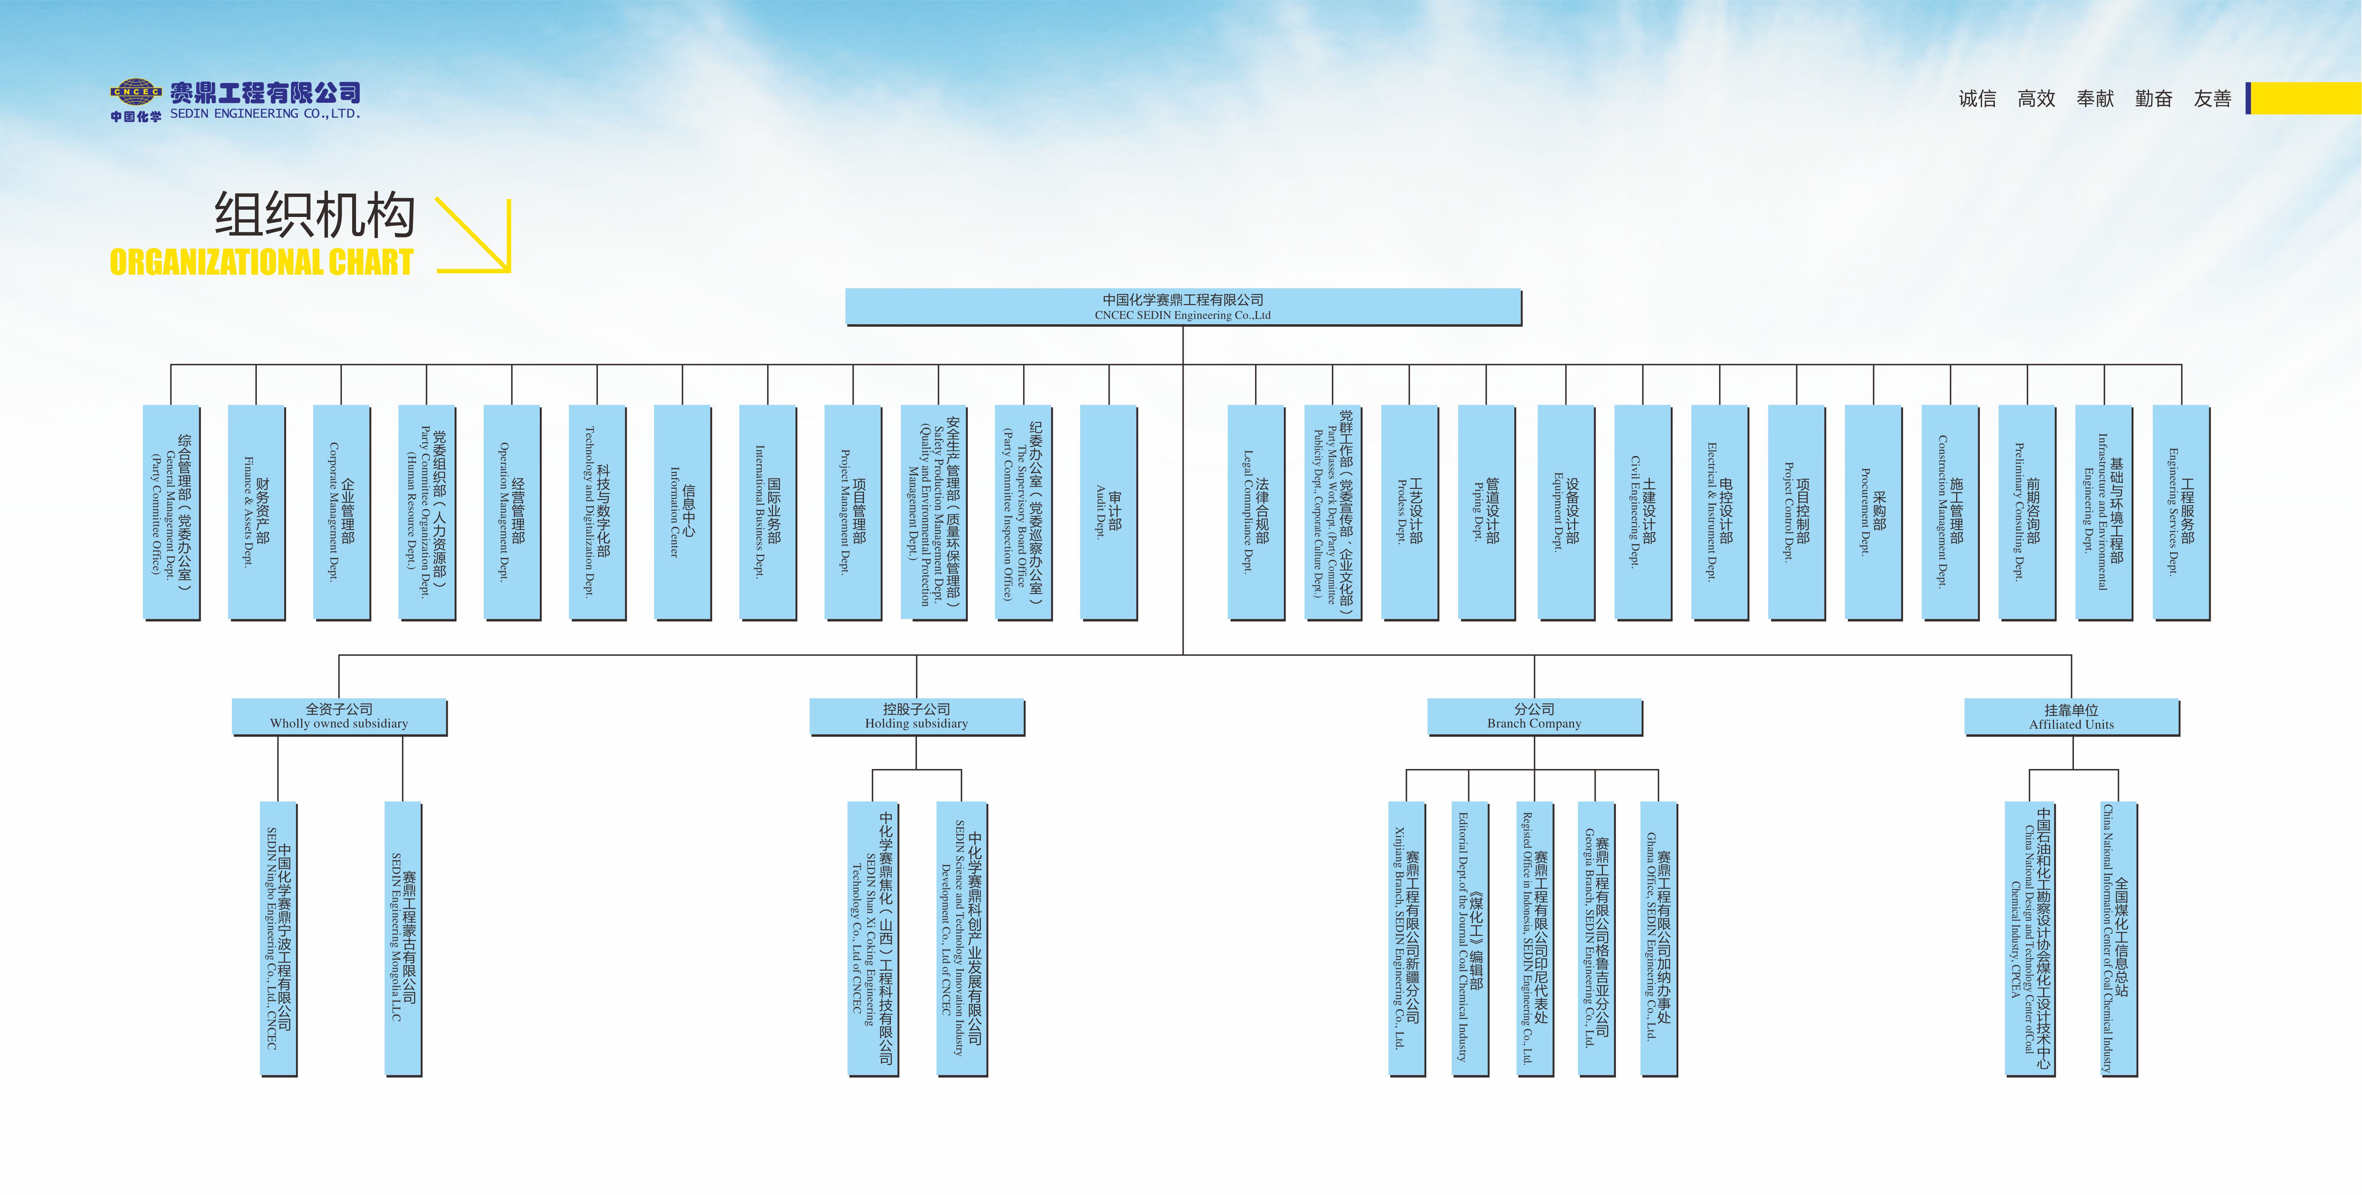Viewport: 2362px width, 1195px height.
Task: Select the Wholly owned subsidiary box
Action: coord(339,716)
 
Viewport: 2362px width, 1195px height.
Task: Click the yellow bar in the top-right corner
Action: coord(2304,98)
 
